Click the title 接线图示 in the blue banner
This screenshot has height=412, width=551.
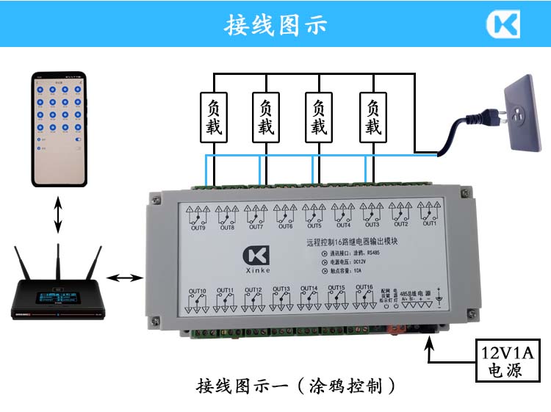tap(275, 24)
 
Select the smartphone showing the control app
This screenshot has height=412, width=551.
tap(58, 129)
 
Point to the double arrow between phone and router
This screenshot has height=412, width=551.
tap(57, 215)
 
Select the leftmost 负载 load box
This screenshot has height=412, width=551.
tap(214, 118)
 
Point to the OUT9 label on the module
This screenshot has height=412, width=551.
tap(198, 228)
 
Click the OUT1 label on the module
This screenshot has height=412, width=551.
tap(429, 224)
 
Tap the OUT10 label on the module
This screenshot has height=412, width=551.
tap(198, 290)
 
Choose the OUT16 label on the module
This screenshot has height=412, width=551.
tap(364, 287)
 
